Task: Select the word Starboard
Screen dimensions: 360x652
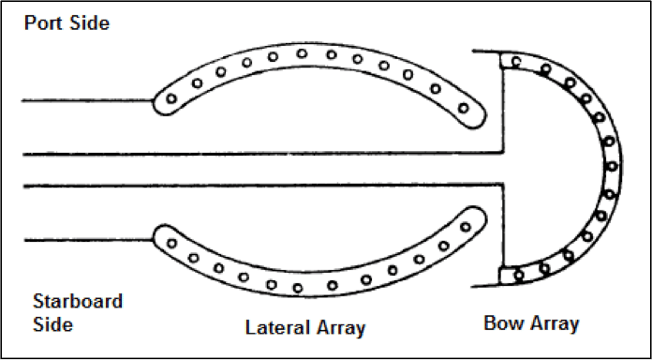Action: coord(78,303)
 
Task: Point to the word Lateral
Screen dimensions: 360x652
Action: coord(276,328)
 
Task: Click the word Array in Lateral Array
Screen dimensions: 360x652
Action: coord(338,328)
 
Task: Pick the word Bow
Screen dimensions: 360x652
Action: coord(503,324)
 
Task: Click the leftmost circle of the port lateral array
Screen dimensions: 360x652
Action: coord(171,97)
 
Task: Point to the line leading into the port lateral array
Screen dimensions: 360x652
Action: coord(84,99)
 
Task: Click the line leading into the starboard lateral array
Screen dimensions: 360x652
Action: coord(84,241)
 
